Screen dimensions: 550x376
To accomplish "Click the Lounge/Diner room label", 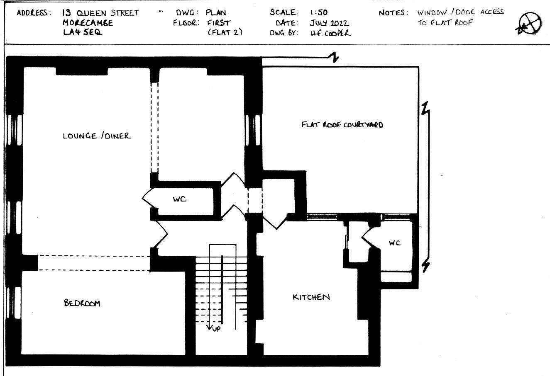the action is pos(97,136).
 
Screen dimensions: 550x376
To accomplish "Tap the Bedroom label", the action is pos(82,303).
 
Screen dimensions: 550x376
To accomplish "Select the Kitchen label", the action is pos(311,297).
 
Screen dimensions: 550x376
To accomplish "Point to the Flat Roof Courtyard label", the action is pos(342,125).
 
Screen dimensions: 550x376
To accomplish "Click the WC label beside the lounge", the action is pos(179,199).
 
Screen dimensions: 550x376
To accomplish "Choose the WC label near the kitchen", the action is pos(395,243).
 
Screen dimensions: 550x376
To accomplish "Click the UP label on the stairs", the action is pos(216,329).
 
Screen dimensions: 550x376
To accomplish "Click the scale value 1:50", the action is pos(319,12).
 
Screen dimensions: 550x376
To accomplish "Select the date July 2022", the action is pos(329,23).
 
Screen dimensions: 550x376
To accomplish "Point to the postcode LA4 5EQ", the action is pos(83,32).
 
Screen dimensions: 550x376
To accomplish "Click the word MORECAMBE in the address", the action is pos(88,23).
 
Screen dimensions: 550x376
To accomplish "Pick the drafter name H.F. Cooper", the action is pos(331,33).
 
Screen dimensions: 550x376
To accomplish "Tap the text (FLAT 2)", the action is pos(225,32).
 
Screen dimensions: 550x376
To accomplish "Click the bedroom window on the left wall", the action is pos(14,303).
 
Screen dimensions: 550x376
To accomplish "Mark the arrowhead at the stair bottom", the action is pos(210,327).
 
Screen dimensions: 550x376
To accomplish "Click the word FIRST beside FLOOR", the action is pos(219,23).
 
